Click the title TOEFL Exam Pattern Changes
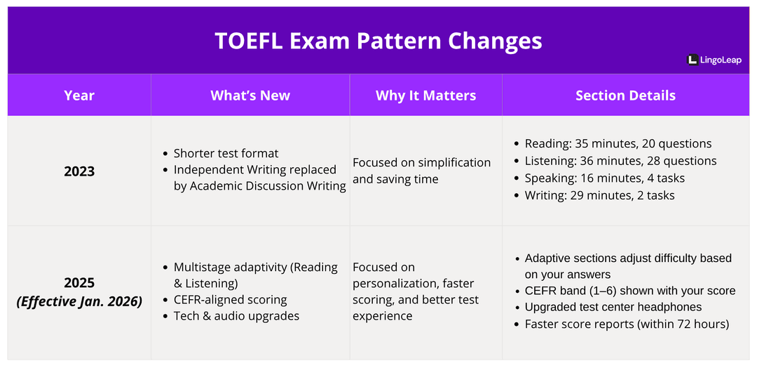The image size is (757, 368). [378, 41]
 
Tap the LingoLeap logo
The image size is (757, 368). [714, 60]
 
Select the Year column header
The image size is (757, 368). [79, 96]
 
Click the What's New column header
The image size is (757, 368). [250, 96]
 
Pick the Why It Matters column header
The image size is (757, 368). [425, 96]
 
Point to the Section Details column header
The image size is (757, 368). [625, 96]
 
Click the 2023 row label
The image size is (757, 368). [79, 171]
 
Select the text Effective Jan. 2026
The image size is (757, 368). [79, 302]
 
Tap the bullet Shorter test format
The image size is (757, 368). [226, 153]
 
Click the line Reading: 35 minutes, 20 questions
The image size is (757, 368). [618, 143]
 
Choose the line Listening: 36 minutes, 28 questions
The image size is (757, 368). [620, 161]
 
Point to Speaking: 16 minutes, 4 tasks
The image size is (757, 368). [604, 178]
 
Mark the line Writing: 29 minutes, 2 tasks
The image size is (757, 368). [599, 195]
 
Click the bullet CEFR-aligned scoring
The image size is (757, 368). [230, 299]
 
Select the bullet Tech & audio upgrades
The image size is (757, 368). [236, 316]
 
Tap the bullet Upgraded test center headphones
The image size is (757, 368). [613, 307]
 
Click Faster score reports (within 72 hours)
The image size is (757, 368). [627, 324]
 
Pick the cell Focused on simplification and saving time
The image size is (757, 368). [421, 171]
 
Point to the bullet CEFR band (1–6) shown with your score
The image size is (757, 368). [629, 291]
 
